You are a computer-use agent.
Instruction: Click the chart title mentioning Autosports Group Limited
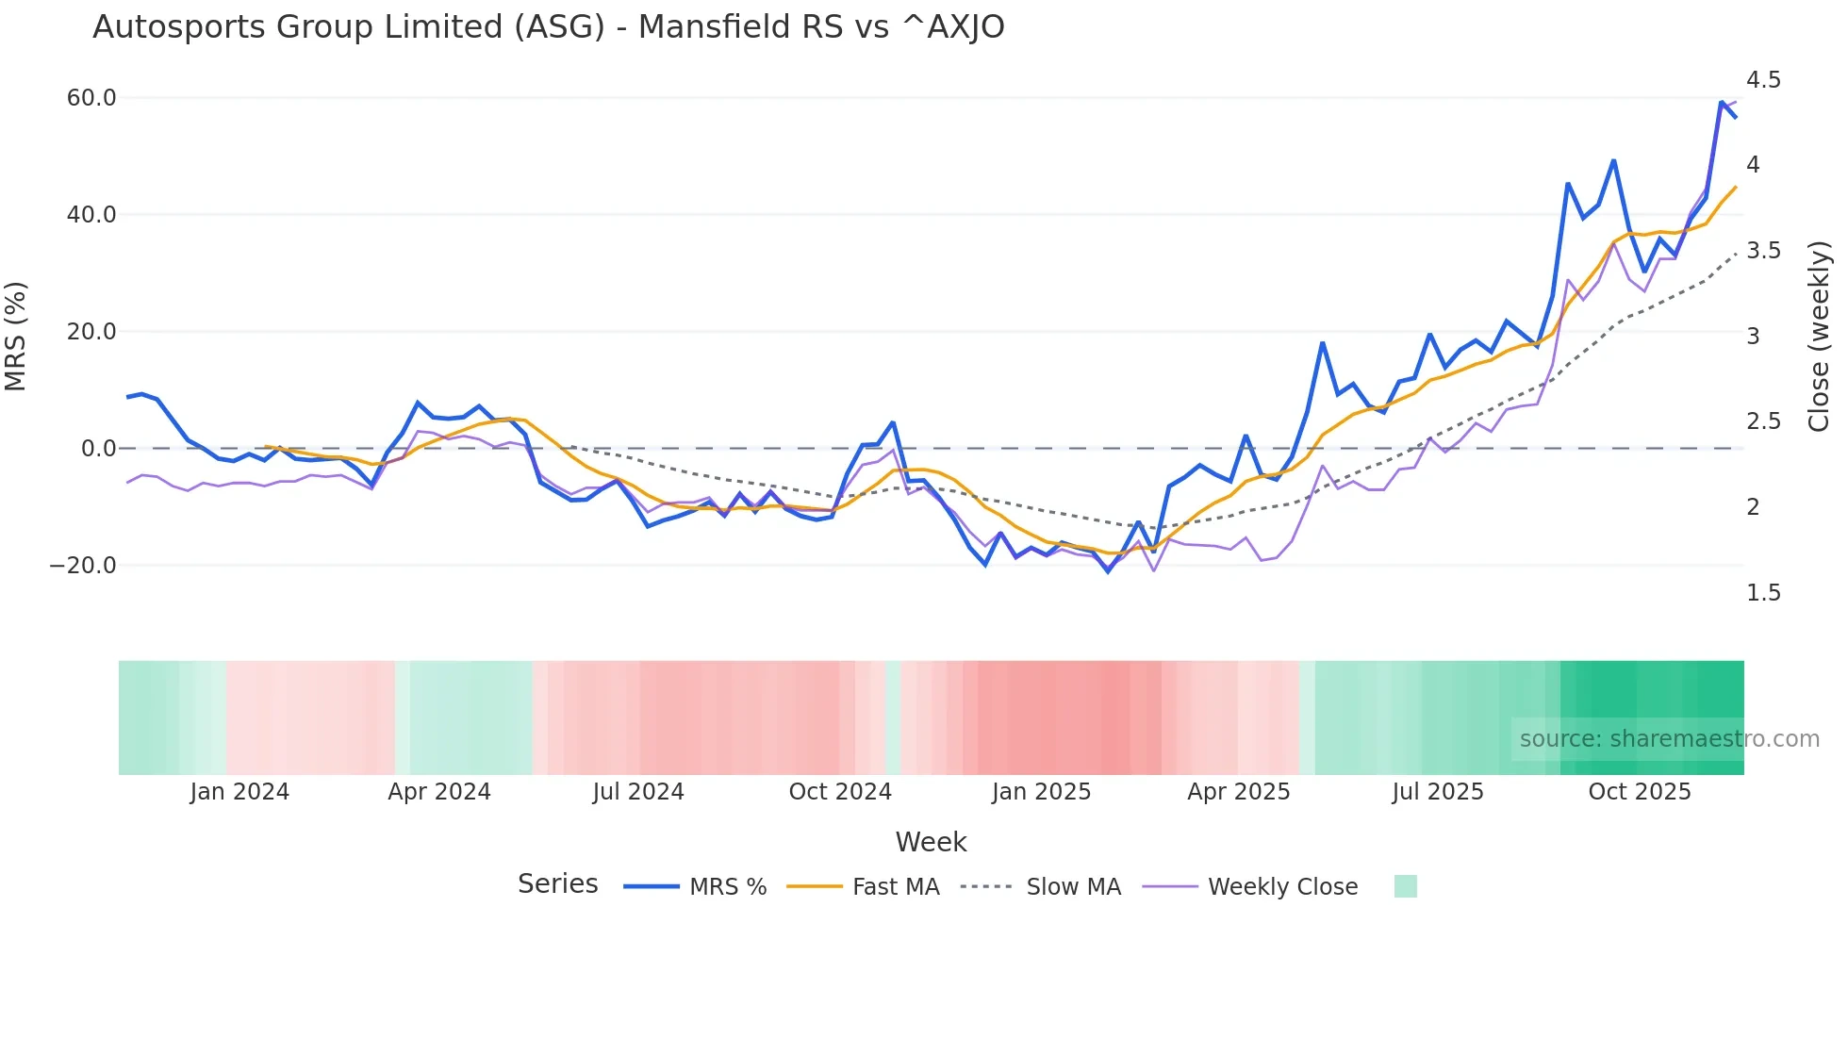coord(548,27)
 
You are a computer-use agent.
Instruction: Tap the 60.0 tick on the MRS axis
coord(91,98)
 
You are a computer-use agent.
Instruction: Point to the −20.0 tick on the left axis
coord(84,566)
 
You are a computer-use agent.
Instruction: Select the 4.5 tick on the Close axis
coord(1763,80)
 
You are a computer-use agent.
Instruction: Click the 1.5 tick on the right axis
coord(1763,593)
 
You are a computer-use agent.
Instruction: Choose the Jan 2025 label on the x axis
coord(1041,792)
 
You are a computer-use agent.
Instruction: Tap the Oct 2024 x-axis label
coord(840,792)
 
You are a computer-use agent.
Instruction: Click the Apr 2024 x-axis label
coord(439,792)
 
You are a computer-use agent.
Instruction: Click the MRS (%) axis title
coord(16,337)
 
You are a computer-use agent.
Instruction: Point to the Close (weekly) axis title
coord(1819,337)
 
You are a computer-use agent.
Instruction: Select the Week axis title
coord(931,842)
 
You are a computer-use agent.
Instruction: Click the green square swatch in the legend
coord(1405,886)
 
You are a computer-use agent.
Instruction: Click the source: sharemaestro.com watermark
coord(1669,739)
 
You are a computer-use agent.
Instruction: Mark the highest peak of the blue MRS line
coord(1722,102)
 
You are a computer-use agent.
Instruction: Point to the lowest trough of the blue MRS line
coord(1109,571)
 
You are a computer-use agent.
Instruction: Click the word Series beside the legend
coord(557,884)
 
